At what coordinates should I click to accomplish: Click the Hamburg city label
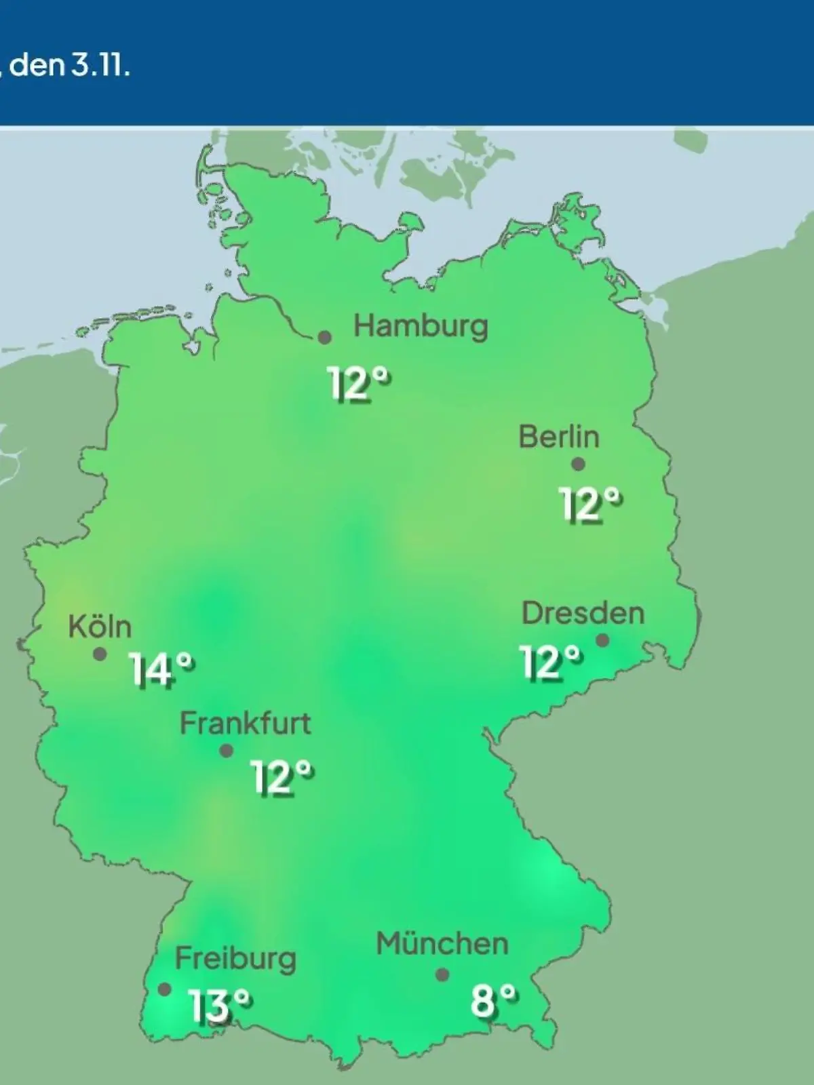[421, 327]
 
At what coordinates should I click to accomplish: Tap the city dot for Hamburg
[325, 337]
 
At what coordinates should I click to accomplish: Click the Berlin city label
[559, 437]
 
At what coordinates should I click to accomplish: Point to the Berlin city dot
[578, 465]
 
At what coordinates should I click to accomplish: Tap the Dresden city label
[583, 614]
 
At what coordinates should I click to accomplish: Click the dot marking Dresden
[602, 640]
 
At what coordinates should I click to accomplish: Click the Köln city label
[100, 627]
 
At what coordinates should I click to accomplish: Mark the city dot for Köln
[100, 654]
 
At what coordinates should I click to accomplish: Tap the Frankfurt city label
[245, 724]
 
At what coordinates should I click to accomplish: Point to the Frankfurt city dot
[227, 751]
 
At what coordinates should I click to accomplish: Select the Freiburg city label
[235, 959]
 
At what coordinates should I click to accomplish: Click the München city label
[442, 944]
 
